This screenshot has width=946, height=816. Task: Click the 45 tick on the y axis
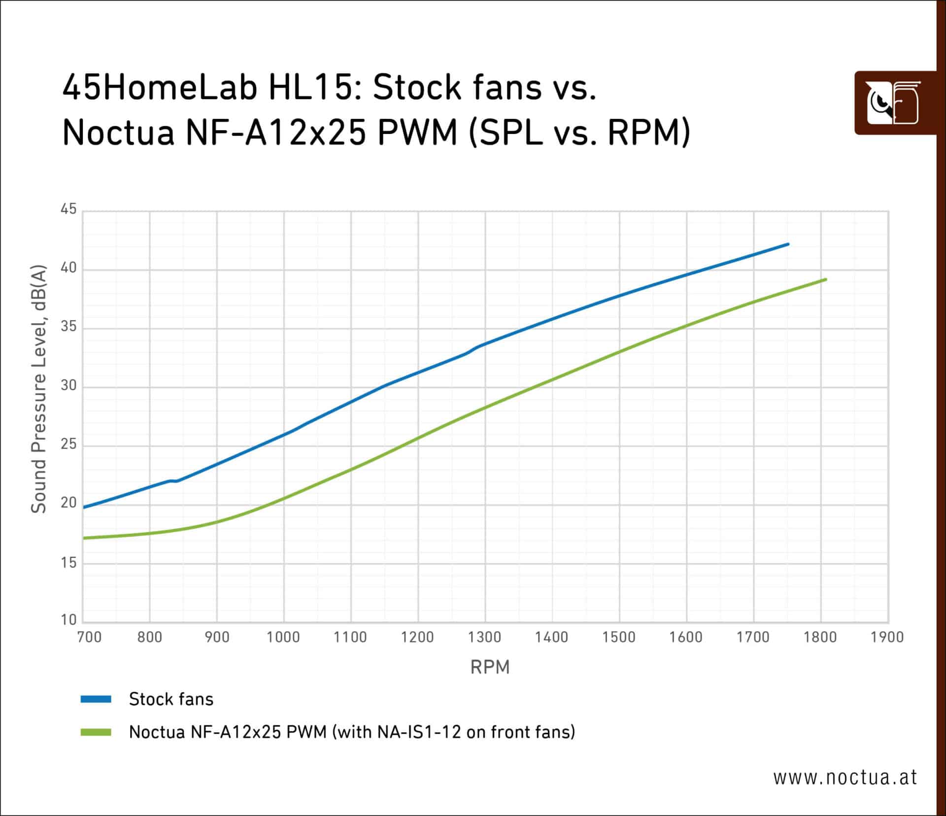click(x=68, y=209)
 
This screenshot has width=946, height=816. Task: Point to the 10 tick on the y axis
click(x=68, y=620)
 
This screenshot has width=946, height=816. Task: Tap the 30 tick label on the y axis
click(x=68, y=385)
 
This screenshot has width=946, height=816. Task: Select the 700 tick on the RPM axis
click(x=89, y=637)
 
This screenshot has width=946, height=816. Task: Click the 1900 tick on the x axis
click(x=887, y=637)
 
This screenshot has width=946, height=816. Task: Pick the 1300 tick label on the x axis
click(x=484, y=637)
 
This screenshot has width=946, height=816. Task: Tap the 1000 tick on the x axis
click(x=283, y=637)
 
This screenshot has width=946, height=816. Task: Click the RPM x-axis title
click(x=490, y=667)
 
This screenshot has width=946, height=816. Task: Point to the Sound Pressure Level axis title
click(x=38, y=389)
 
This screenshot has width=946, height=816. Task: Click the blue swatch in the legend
click(x=96, y=699)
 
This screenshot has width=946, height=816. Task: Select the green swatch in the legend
click(x=96, y=732)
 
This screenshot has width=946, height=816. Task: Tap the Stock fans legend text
click(x=171, y=699)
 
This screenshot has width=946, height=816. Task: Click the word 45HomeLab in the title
click(x=160, y=88)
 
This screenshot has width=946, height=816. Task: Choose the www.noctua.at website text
click(x=845, y=778)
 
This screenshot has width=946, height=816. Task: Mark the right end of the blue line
click(x=788, y=244)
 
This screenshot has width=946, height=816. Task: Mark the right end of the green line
click(x=825, y=280)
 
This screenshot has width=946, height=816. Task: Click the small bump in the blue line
click(x=172, y=480)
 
